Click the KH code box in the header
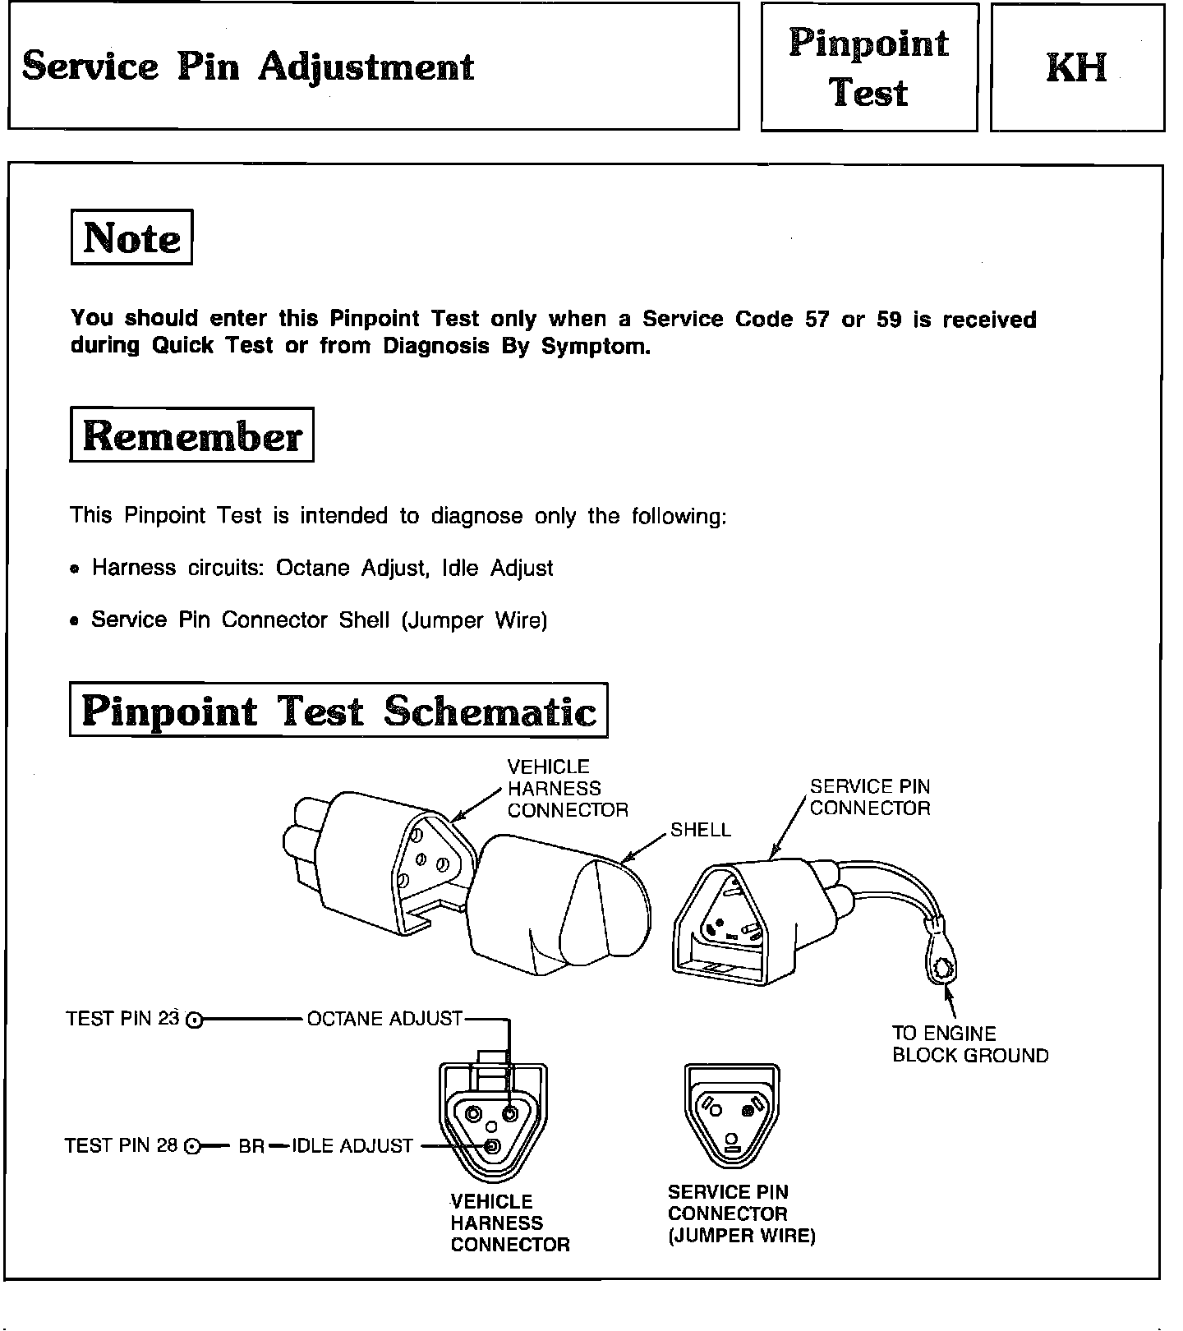1076,67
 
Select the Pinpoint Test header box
868,67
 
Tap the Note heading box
131,237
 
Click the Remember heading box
191,435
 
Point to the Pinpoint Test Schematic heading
338,711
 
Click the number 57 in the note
817,320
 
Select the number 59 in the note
889,320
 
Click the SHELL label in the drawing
700,830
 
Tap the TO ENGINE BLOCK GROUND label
969,1044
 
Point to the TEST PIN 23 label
122,1019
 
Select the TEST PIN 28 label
121,1145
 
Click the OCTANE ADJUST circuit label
384,1019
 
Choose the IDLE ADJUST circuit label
352,1145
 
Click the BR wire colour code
251,1146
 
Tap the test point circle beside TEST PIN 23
194,1020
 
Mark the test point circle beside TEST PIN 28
191,1147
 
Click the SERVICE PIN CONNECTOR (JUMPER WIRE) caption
741,1214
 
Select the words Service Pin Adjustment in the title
248,67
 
